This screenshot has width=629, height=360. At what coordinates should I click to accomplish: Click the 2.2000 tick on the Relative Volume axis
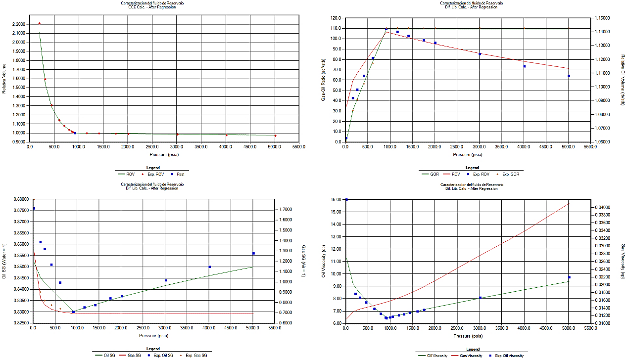pyautogui.click(x=20, y=24)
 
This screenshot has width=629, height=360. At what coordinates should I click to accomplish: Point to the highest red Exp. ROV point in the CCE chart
pyautogui.click(x=40, y=23)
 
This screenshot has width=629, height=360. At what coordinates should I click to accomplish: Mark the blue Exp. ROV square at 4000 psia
pyautogui.click(x=525, y=66)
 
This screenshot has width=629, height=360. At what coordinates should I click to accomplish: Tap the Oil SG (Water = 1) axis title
pyautogui.click(x=4, y=261)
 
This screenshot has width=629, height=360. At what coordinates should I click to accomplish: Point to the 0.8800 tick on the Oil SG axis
pyautogui.click(x=21, y=199)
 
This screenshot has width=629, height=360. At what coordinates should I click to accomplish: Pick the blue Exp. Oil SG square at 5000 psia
pyautogui.click(x=253, y=253)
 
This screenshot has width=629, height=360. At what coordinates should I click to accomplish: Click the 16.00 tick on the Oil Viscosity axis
pyautogui.click(x=336, y=200)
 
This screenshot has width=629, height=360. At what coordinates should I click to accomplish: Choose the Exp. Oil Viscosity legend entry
pyautogui.click(x=506, y=355)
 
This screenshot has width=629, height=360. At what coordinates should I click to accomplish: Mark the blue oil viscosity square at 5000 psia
pyautogui.click(x=569, y=277)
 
